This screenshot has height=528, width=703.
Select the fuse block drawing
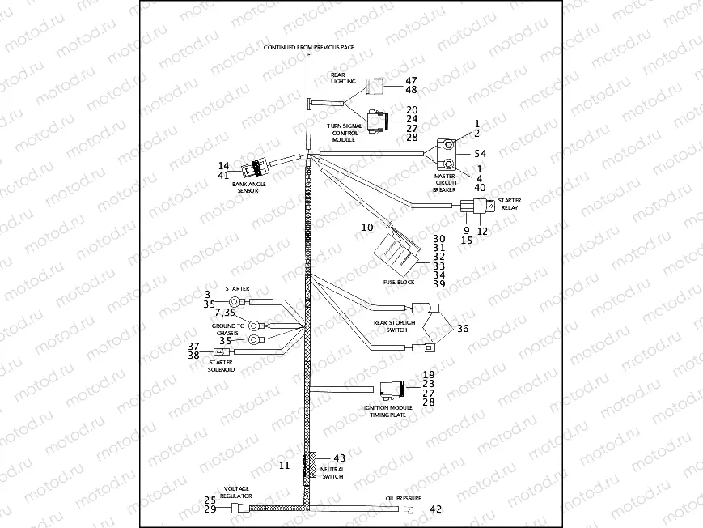click(x=396, y=255)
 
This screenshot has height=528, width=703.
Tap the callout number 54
click(x=481, y=153)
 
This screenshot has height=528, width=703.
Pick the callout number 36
click(x=462, y=329)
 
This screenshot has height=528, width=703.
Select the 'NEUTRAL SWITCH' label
click(x=332, y=473)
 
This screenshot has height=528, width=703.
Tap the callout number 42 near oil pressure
click(x=435, y=509)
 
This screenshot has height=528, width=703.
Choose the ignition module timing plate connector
click(x=392, y=390)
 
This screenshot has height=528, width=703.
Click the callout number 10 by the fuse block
click(x=367, y=228)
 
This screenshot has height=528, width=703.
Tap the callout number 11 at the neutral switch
click(x=284, y=466)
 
